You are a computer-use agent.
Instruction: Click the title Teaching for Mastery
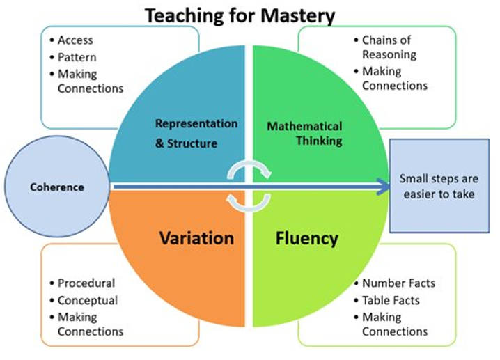240,15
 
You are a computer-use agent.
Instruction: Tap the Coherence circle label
57,187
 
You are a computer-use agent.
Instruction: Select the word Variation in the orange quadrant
196,238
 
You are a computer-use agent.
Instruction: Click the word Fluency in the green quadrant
307,239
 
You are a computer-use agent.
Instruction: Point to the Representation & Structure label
196,133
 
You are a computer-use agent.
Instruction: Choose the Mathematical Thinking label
304,133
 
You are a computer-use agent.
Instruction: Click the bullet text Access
75,40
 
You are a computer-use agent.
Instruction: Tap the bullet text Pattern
77,57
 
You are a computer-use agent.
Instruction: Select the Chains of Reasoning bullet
389,47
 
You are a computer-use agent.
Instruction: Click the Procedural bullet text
86,283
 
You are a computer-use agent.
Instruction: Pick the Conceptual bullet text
88,300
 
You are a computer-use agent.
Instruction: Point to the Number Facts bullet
398,283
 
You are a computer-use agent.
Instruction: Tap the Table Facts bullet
391,300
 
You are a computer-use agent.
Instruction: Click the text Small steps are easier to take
439,186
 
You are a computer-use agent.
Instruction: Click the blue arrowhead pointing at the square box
383,187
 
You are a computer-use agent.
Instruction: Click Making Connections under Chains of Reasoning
395,79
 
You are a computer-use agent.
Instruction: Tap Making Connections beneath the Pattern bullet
91,81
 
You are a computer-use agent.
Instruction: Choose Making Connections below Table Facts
395,324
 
